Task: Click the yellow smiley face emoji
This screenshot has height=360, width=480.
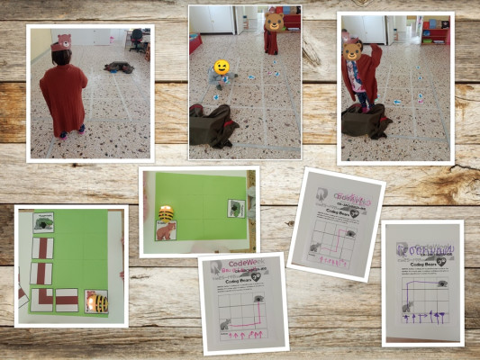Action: pos(220,67)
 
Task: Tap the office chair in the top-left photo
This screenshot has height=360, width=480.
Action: pos(136,40)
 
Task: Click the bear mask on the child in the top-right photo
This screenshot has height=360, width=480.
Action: pos(353,50)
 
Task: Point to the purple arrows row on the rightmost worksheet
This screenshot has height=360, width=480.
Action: pos(423,316)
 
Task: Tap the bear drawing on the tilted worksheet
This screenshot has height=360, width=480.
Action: pos(316,247)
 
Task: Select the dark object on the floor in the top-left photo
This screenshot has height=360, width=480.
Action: pos(118,67)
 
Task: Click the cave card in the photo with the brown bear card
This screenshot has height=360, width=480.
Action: pos(235,209)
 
